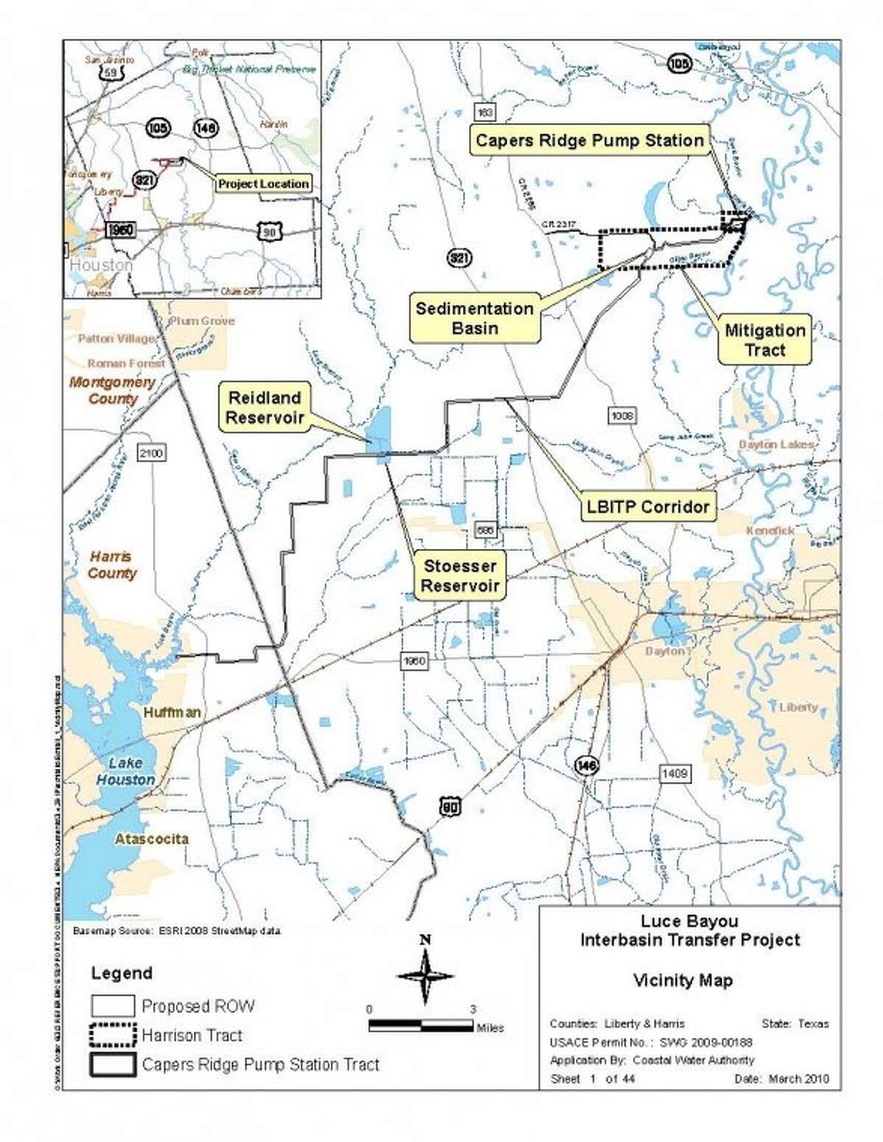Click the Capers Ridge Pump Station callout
click(x=589, y=141)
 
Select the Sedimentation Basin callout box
click(x=475, y=319)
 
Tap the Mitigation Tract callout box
click(x=765, y=340)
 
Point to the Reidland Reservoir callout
click(x=265, y=408)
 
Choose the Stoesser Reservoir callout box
click(x=460, y=576)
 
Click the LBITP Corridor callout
click(x=648, y=507)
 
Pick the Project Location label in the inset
click(x=263, y=184)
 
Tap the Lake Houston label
click(x=125, y=771)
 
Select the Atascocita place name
click(x=152, y=839)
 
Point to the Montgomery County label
click(x=113, y=390)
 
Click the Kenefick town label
click(x=770, y=531)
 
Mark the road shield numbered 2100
click(x=151, y=453)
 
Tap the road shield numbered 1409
click(x=674, y=773)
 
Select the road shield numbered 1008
click(x=622, y=416)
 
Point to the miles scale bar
click(x=421, y=1025)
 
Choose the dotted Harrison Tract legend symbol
click(x=113, y=1035)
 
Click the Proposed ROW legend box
click(x=113, y=1006)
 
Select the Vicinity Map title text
click(x=682, y=980)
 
